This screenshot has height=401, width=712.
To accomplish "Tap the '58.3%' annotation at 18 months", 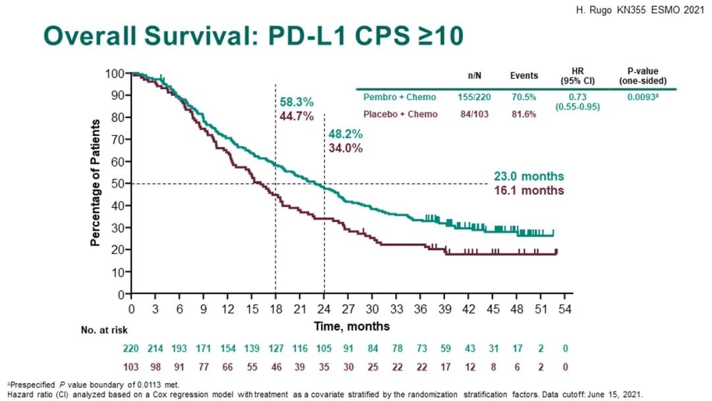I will coord(297,102).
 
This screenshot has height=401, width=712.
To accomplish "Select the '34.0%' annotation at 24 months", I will coord(346,148).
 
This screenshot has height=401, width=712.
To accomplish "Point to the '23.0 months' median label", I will coord(529,177).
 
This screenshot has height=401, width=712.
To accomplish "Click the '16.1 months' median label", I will coord(529,190).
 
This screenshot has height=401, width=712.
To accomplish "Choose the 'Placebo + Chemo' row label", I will coord(402,114).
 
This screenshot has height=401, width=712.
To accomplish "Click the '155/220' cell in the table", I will coord(474,98).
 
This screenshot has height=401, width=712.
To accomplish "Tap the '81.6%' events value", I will coord(525,114).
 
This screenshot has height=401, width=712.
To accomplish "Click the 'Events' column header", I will coord(524,75).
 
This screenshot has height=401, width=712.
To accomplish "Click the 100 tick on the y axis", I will coord(115,73).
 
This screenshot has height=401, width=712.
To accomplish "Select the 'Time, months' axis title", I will coord(351,326).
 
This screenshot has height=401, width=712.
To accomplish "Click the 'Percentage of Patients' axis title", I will coord(96,183).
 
